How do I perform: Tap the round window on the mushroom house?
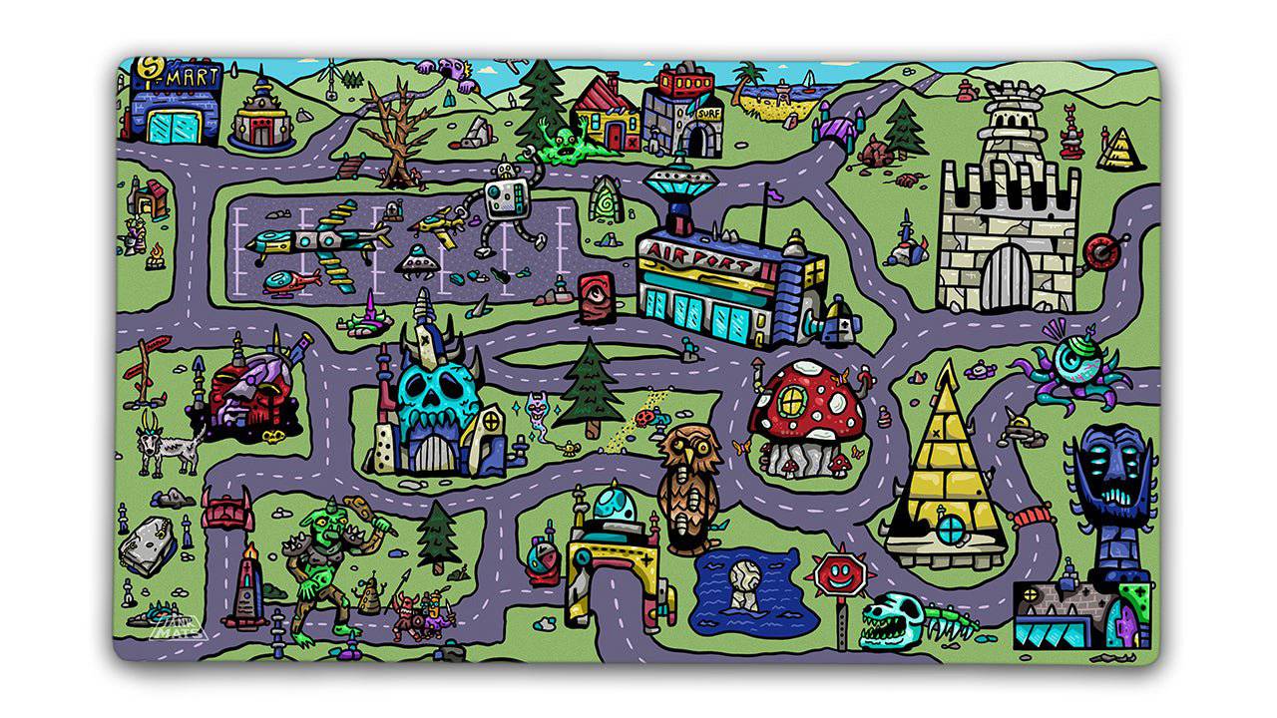[x=794, y=401]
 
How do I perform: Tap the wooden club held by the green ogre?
[x=360, y=509]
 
